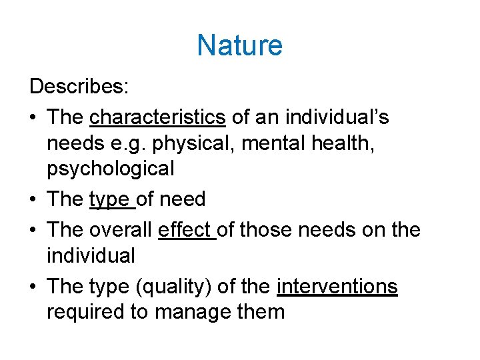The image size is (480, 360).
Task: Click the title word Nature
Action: tap(239, 46)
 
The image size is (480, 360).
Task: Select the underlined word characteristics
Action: tap(157, 117)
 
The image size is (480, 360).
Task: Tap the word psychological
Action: tap(110, 169)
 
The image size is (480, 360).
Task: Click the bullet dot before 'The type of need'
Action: tap(33, 199)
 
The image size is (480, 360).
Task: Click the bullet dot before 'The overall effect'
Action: tap(33, 230)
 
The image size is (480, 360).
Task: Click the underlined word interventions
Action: tap(337, 287)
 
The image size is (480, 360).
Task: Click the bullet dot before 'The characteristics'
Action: tap(33, 117)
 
